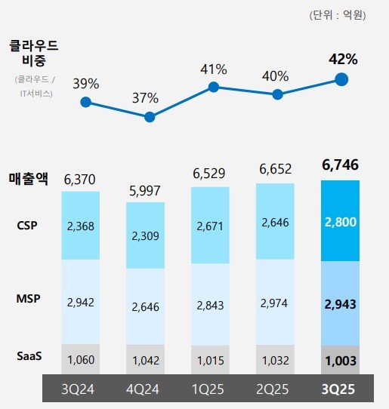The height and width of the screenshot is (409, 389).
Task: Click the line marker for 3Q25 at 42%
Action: pyautogui.click(x=341, y=79)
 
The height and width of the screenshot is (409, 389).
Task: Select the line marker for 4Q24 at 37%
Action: pyautogui.click(x=150, y=117)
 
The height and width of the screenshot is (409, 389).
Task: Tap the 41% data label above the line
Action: pyautogui.click(x=214, y=69)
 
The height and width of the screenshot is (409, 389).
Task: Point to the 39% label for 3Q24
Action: pyautogui.click(x=85, y=83)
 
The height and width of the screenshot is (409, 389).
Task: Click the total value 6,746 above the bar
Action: pyautogui.click(x=340, y=165)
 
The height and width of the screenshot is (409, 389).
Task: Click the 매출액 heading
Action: pyautogui.click(x=28, y=180)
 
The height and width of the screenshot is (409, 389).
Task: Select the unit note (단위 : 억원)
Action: pyautogui.click(x=337, y=14)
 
